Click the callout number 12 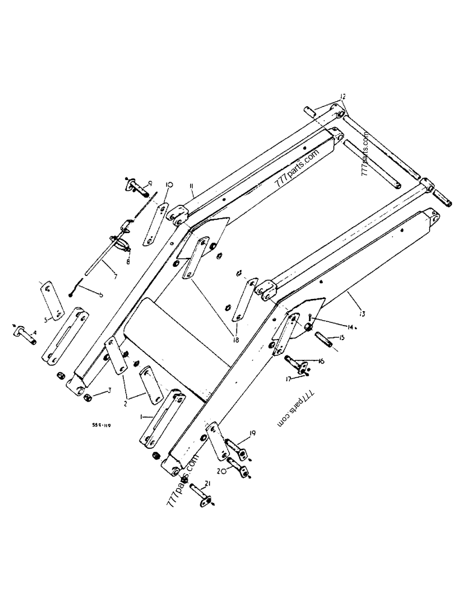pyautogui.click(x=342, y=97)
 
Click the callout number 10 pyautogui.click(x=168, y=185)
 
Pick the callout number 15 pyautogui.click(x=342, y=338)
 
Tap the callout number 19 pyautogui.click(x=252, y=433)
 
